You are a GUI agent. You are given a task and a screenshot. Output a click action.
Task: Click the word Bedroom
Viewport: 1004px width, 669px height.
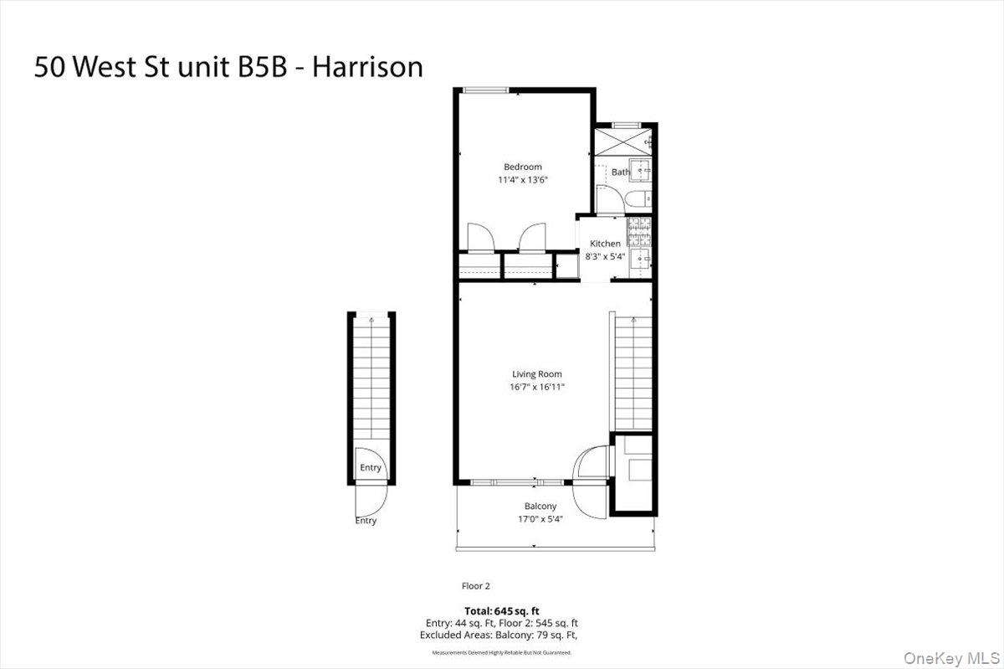522,167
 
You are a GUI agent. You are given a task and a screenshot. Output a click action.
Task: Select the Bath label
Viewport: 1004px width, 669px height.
621,172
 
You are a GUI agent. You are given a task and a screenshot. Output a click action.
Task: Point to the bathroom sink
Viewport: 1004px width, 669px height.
643,171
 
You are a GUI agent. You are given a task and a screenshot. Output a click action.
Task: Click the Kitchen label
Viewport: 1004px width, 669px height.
605,244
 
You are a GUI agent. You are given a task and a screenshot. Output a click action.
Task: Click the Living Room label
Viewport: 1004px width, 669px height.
537,374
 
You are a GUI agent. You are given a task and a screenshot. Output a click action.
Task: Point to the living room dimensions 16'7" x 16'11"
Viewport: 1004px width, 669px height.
537,387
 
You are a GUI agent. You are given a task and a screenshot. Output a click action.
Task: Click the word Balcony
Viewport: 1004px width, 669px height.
540,506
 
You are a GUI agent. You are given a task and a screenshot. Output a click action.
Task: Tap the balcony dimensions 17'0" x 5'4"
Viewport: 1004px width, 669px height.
540,518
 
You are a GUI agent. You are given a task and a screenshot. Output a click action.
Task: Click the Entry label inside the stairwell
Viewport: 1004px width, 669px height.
370,467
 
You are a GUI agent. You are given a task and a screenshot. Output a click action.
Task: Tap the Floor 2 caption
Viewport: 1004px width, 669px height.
476,586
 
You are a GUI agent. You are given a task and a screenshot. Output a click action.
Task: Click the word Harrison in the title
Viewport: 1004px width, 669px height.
367,67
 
